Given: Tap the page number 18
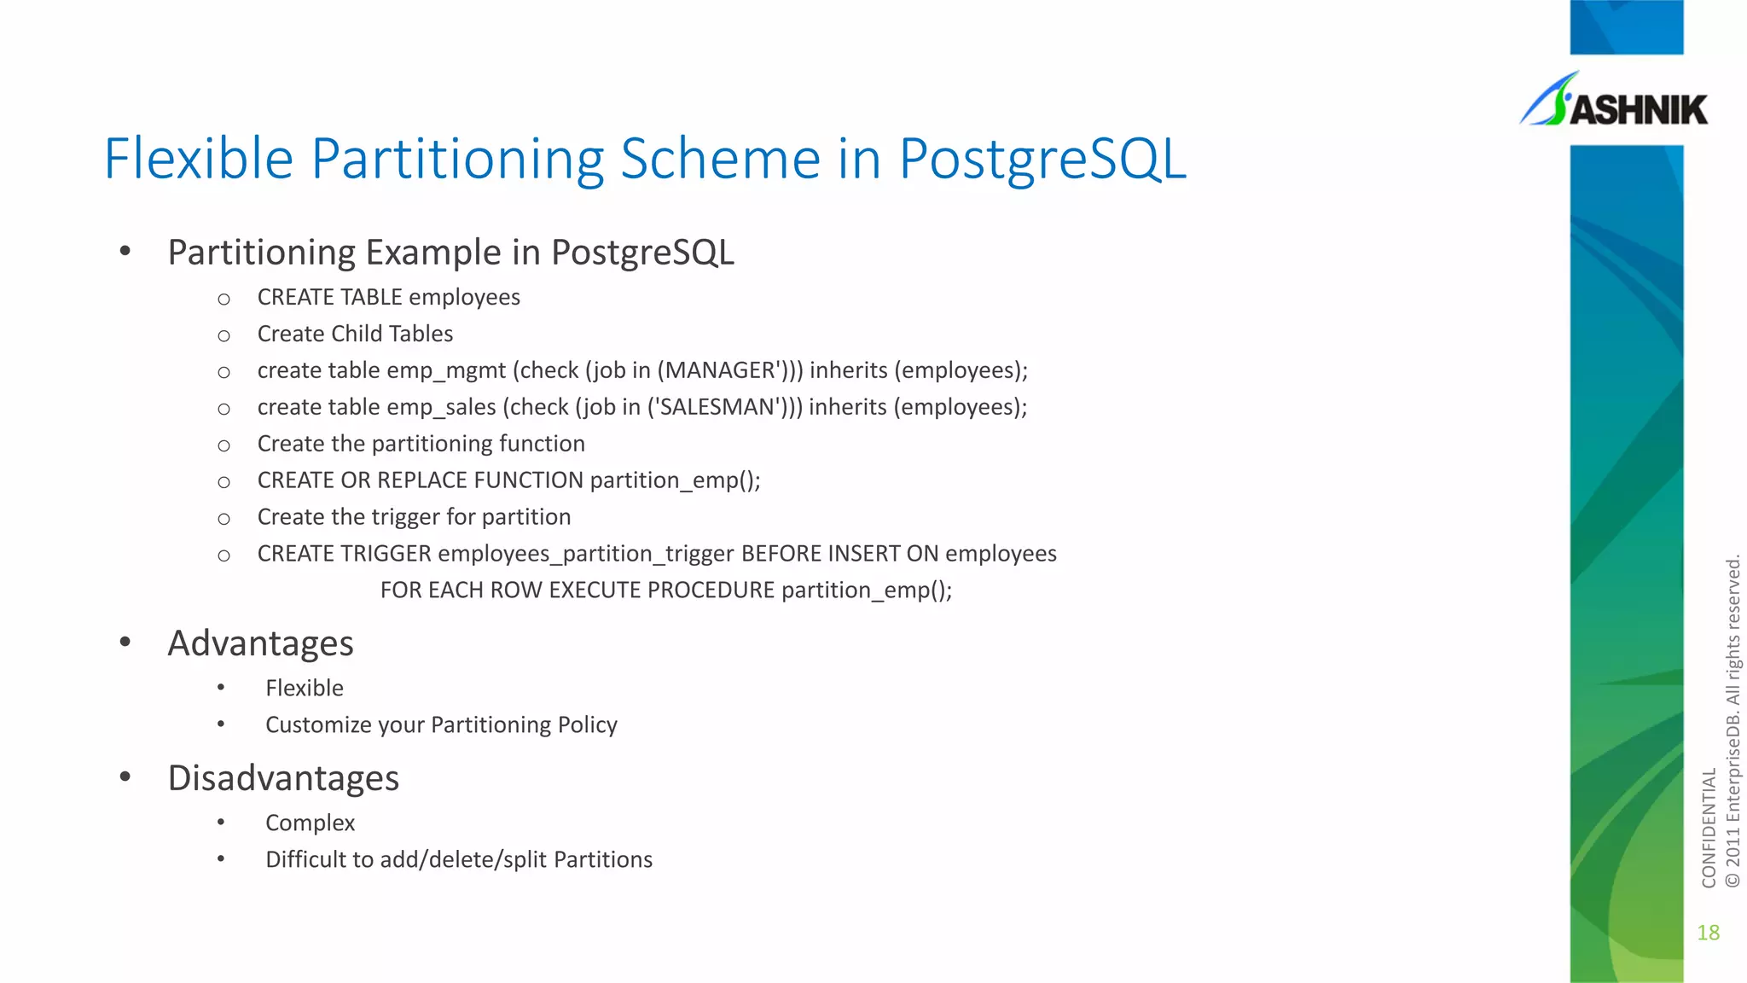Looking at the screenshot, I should coord(1708,933).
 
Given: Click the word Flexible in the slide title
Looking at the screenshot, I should coord(199,159).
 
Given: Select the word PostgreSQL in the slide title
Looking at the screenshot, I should coord(1042,160).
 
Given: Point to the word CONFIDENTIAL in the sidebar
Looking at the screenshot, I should coord(1709,828).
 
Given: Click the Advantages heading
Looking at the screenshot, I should coord(260,643).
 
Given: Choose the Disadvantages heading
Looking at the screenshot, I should coord(283,778).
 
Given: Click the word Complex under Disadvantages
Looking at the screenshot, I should coord(310,823).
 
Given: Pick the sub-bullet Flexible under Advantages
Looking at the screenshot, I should coord(305,689).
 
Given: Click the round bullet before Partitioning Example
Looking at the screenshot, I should coord(125,252).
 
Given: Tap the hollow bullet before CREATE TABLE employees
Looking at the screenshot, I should coord(223,300).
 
